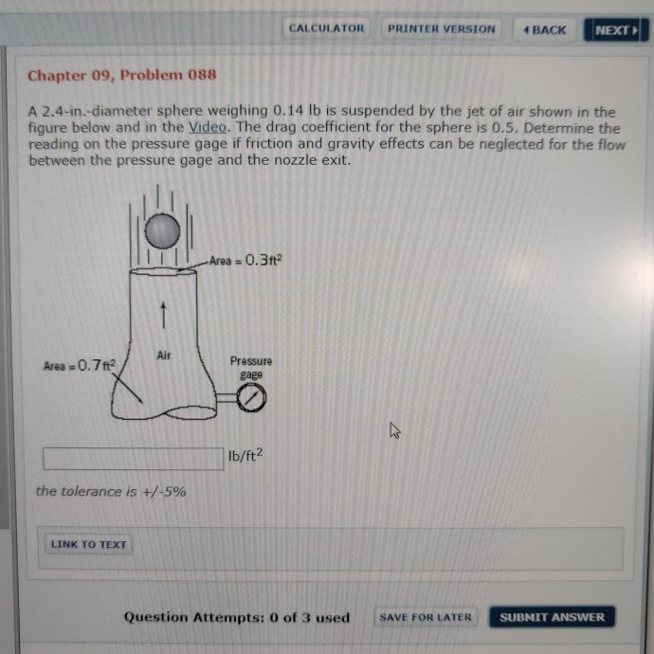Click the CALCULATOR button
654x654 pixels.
point(326,28)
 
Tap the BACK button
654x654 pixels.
point(544,29)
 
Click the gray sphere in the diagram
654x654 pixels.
point(162,230)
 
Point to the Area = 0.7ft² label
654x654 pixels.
point(79,364)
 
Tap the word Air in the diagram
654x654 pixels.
point(164,354)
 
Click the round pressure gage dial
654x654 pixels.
point(251,401)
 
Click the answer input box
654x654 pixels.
point(134,458)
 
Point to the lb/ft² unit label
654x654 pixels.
point(245,457)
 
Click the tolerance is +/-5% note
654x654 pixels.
point(111,491)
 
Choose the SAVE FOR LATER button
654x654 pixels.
point(425,617)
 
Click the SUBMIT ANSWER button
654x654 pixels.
point(552,617)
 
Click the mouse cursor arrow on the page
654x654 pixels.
point(394,432)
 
